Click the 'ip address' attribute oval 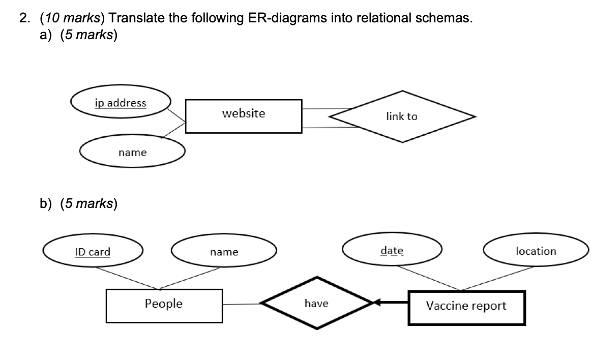point(121,103)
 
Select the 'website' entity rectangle point(244,116)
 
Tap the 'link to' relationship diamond point(402,116)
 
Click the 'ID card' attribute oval point(93,252)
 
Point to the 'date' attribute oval point(392,251)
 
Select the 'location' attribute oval point(536,251)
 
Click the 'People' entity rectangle point(164,305)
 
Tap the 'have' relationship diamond point(316,304)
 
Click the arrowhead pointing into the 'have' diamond point(377,303)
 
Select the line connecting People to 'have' point(242,305)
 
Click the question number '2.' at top point(25,19)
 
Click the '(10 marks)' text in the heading point(72,19)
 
